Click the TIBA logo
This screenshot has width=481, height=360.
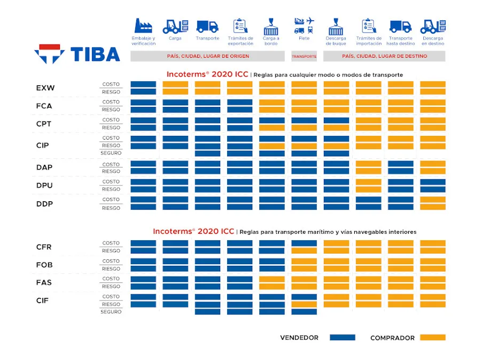[x=77, y=54]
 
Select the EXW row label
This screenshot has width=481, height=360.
[x=45, y=88]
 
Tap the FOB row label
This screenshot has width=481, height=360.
[x=44, y=265]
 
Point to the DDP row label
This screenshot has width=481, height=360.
[x=44, y=204]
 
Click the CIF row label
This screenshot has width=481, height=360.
[x=43, y=301]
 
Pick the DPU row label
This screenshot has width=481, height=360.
[x=44, y=186]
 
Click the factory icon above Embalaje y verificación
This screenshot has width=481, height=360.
[x=143, y=26]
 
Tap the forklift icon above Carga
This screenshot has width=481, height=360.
[x=175, y=26]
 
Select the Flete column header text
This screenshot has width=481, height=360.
[x=304, y=39]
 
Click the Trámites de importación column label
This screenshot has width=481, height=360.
[x=369, y=41]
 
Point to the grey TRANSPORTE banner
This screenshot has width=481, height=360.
[x=304, y=56]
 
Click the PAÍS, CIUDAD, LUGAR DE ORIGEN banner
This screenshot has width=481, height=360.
[x=208, y=56]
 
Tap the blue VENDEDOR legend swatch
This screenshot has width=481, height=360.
[x=343, y=338]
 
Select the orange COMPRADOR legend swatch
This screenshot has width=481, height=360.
[x=432, y=338]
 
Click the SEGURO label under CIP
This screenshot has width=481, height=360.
[x=111, y=154]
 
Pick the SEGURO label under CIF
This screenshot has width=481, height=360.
[x=111, y=312]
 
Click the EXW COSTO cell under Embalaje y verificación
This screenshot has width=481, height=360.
[x=143, y=85]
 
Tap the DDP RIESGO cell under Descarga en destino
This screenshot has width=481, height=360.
[x=432, y=208]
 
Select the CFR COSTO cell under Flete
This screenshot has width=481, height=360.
[x=304, y=243]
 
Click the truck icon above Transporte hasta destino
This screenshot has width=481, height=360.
[x=400, y=26]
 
